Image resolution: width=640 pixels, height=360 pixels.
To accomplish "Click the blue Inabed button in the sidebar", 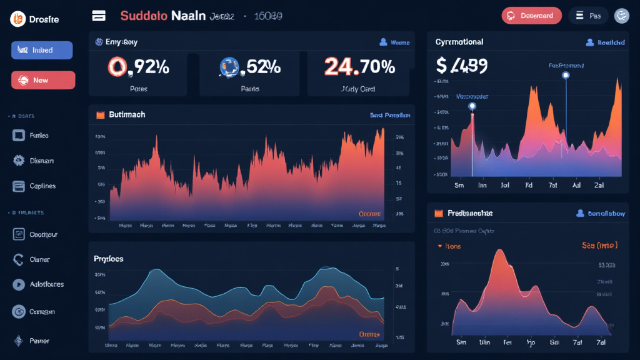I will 42,50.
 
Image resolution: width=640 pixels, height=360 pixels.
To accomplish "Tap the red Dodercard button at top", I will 531,16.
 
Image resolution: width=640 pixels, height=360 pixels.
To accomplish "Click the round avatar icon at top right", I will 621,16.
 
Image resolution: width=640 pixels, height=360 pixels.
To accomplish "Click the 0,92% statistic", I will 138,66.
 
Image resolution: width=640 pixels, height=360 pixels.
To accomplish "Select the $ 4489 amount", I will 462,65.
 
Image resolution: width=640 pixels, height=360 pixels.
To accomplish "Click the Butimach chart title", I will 127,115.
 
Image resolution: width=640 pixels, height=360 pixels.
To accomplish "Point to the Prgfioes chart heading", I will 109,258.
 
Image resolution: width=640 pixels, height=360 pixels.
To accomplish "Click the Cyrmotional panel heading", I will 459,42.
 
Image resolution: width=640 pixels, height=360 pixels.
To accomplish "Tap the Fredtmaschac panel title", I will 469,213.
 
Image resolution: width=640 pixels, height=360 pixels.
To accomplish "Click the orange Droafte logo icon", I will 17,19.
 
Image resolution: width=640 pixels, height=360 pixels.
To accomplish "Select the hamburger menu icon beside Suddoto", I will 98,16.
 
